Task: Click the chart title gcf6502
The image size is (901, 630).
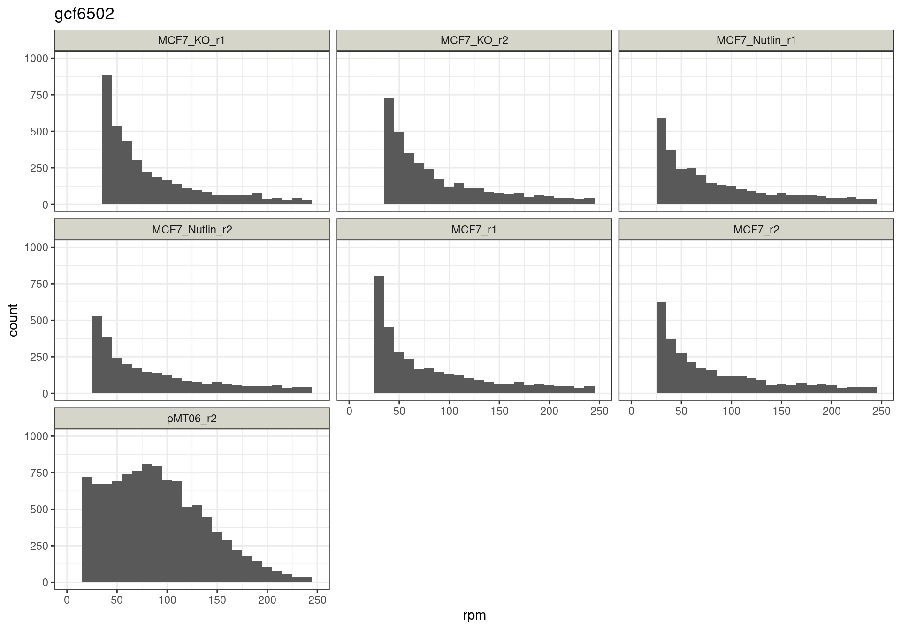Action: pyautogui.click(x=84, y=14)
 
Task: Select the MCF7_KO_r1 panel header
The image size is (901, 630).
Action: pyautogui.click(x=191, y=40)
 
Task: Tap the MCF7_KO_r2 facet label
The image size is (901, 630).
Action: pyautogui.click(x=474, y=40)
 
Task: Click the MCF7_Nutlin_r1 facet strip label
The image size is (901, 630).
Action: pyautogui.click(x=756, y=40)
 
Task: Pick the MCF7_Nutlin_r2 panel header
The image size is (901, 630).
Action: pyautogui.click(x=191, y=230)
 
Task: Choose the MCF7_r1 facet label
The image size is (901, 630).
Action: pyautogui.click(x=474, y=230)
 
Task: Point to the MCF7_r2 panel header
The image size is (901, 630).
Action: pyautogui.click(x=756, y=230)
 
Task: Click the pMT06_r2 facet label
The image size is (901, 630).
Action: pyautogui.click(x=191, y=419)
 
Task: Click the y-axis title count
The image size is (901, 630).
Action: pyautogui.click(x=13, y=320)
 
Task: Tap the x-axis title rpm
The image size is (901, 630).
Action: pyautogui.click(x=474, y=615)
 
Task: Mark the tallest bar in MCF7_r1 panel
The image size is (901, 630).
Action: pyautogui.click(x=379, y=335)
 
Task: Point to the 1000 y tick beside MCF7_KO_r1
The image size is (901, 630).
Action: pyautogui.click(x=36, y=58)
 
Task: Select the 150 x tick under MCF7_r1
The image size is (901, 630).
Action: pyautogui.click(x=499, y=411)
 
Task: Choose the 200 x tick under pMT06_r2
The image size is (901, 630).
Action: pyautogui.click(x=267, y=600)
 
